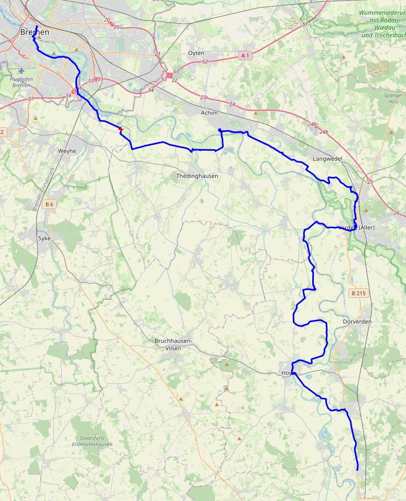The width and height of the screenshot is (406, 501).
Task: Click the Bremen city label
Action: click(x=35, y=32)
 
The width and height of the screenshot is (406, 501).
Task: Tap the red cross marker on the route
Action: click(x=121, y=129)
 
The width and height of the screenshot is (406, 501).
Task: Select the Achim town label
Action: click(x=209, y=113)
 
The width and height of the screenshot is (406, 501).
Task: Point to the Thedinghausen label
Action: click(x=197, y=176)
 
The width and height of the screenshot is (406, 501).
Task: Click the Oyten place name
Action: click(x=196, y=53)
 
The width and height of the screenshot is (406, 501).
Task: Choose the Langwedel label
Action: click(x=327, y=158)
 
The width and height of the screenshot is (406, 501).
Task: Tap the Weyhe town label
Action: click(x=67, y=151)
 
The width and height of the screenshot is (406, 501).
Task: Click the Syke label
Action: click(x=45, y=238)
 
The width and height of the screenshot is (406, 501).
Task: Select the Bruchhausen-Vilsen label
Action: click(x=173, y=344)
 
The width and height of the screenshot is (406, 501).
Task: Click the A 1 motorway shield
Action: click(x=245, y=55)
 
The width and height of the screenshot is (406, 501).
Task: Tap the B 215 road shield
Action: click(x=358, y=293)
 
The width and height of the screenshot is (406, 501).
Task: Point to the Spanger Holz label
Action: click(x=393, y=98)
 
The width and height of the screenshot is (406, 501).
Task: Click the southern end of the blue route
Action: click(x=357, y=470)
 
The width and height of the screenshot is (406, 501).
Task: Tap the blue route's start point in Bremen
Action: click(x=36, y=26)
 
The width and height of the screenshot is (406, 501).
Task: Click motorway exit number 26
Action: click(x=397, y=213)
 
